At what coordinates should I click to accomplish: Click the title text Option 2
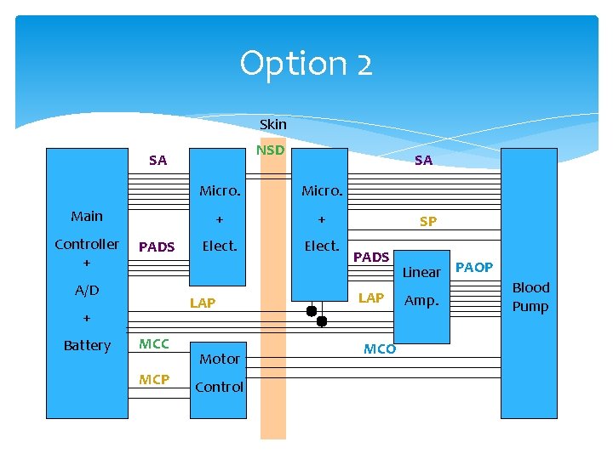click(x=306, y=64)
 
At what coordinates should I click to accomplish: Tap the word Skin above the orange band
click(x=273, y=124)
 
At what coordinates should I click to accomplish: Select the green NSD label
click(x=270, y=150)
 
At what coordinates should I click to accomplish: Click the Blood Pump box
click(x=529, y=283)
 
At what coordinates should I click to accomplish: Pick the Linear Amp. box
click(x=421, y=297)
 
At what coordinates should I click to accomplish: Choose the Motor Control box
click(x=218, y=381)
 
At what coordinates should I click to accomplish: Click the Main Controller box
click(x=87, y=283)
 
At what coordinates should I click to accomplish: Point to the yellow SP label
click(x=428, y=222)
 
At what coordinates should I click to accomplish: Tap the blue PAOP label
click(x=474, y=268)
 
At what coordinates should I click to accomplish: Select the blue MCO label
click(x=380, y=349)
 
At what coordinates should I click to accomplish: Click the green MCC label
click(x=154, y=344)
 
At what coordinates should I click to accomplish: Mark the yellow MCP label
click(x=154, y=379)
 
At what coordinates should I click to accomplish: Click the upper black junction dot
click(x=312, y=311)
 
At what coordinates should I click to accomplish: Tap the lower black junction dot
click(x=322, y=321)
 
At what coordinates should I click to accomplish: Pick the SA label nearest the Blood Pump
click(x=423, y=160)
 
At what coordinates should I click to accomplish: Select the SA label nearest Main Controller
click(x=158, y=160)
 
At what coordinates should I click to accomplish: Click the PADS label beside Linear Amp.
click(x=371, y=258)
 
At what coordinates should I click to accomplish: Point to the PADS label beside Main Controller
click(x=157, y=246)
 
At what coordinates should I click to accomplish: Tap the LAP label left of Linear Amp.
click(x=371, y=298)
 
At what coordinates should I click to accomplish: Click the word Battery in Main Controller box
click(x=87, y=346)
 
